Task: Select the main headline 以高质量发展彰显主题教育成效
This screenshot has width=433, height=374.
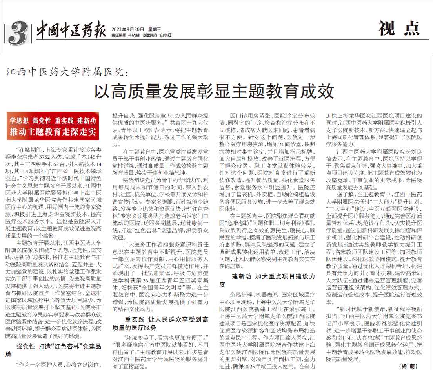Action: [213, 90]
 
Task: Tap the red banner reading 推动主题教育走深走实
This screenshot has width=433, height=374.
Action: [53, 131]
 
